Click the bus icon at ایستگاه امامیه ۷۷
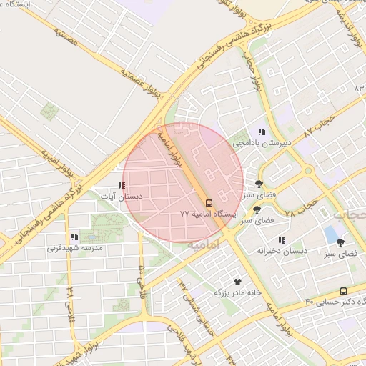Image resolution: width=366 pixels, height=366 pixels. click(209, 203)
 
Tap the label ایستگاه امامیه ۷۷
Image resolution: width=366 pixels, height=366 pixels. click(208, 214)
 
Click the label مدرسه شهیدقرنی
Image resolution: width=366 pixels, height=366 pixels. click(76, 248)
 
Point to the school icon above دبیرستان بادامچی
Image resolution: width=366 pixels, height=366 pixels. click(262, 132)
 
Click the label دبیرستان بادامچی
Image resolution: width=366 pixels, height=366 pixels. click(265, 144)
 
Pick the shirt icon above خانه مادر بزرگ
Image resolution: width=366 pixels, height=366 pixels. click(237, 282)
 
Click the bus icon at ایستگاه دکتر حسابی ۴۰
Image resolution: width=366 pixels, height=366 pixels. click(344, 291)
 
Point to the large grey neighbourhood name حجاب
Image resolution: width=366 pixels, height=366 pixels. click(350, 214)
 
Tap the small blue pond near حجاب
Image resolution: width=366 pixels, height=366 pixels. click(330, 233)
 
